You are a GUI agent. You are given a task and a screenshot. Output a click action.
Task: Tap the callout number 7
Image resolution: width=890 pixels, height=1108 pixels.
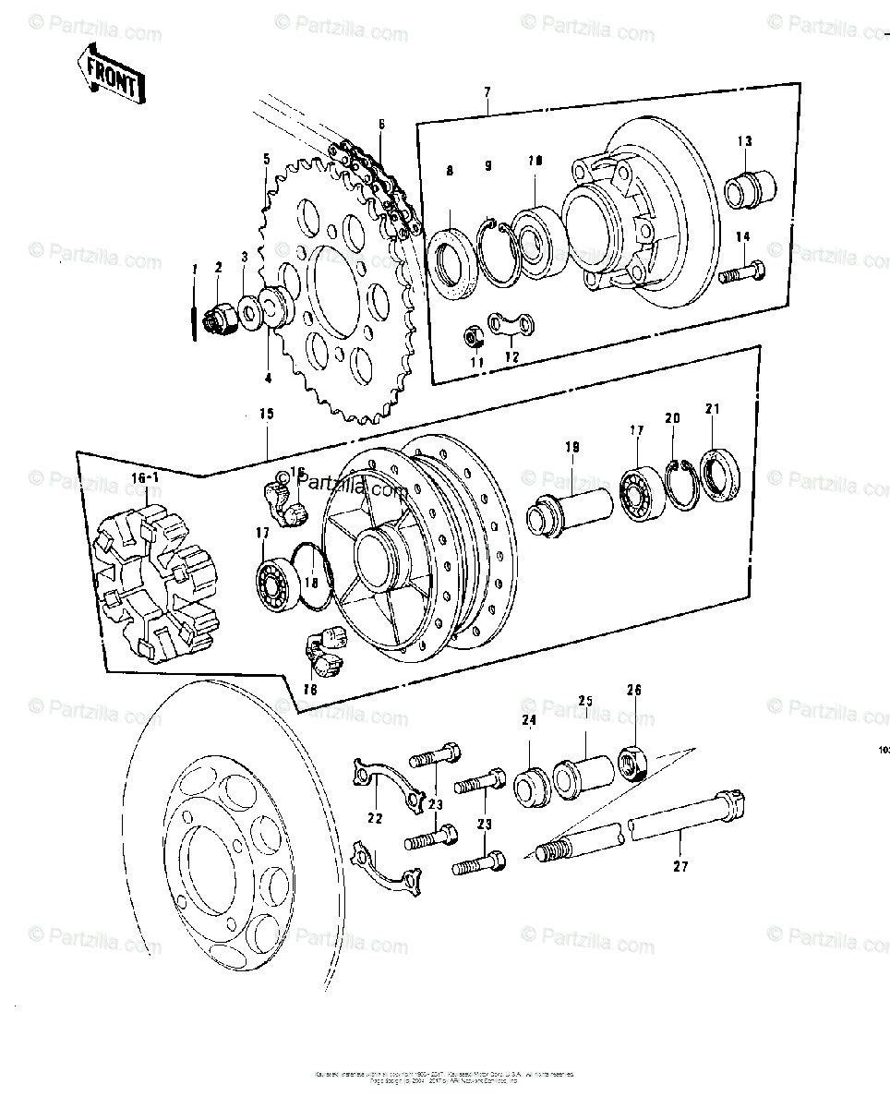pos(487,91)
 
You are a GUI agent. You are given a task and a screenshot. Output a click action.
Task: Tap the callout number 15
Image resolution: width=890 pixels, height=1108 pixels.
pos(267,415)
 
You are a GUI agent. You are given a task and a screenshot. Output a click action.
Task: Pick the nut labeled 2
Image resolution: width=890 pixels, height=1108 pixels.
pos(220,319)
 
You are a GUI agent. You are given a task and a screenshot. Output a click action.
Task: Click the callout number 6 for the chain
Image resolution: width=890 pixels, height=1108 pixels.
pos(381,124)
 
